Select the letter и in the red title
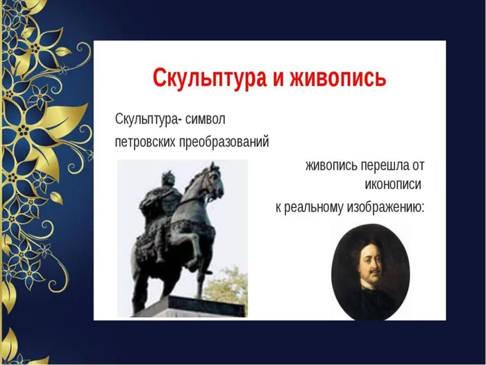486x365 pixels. point(282,78)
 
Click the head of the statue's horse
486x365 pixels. point(212,180)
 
